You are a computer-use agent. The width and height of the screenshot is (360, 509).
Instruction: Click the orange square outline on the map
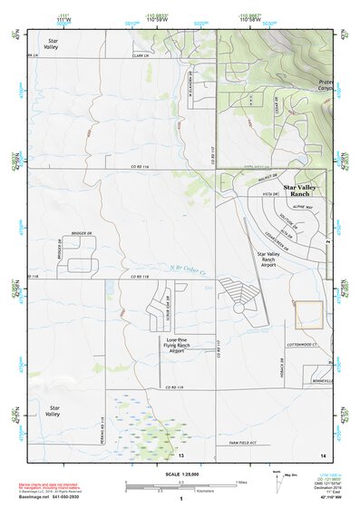[309, 315]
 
